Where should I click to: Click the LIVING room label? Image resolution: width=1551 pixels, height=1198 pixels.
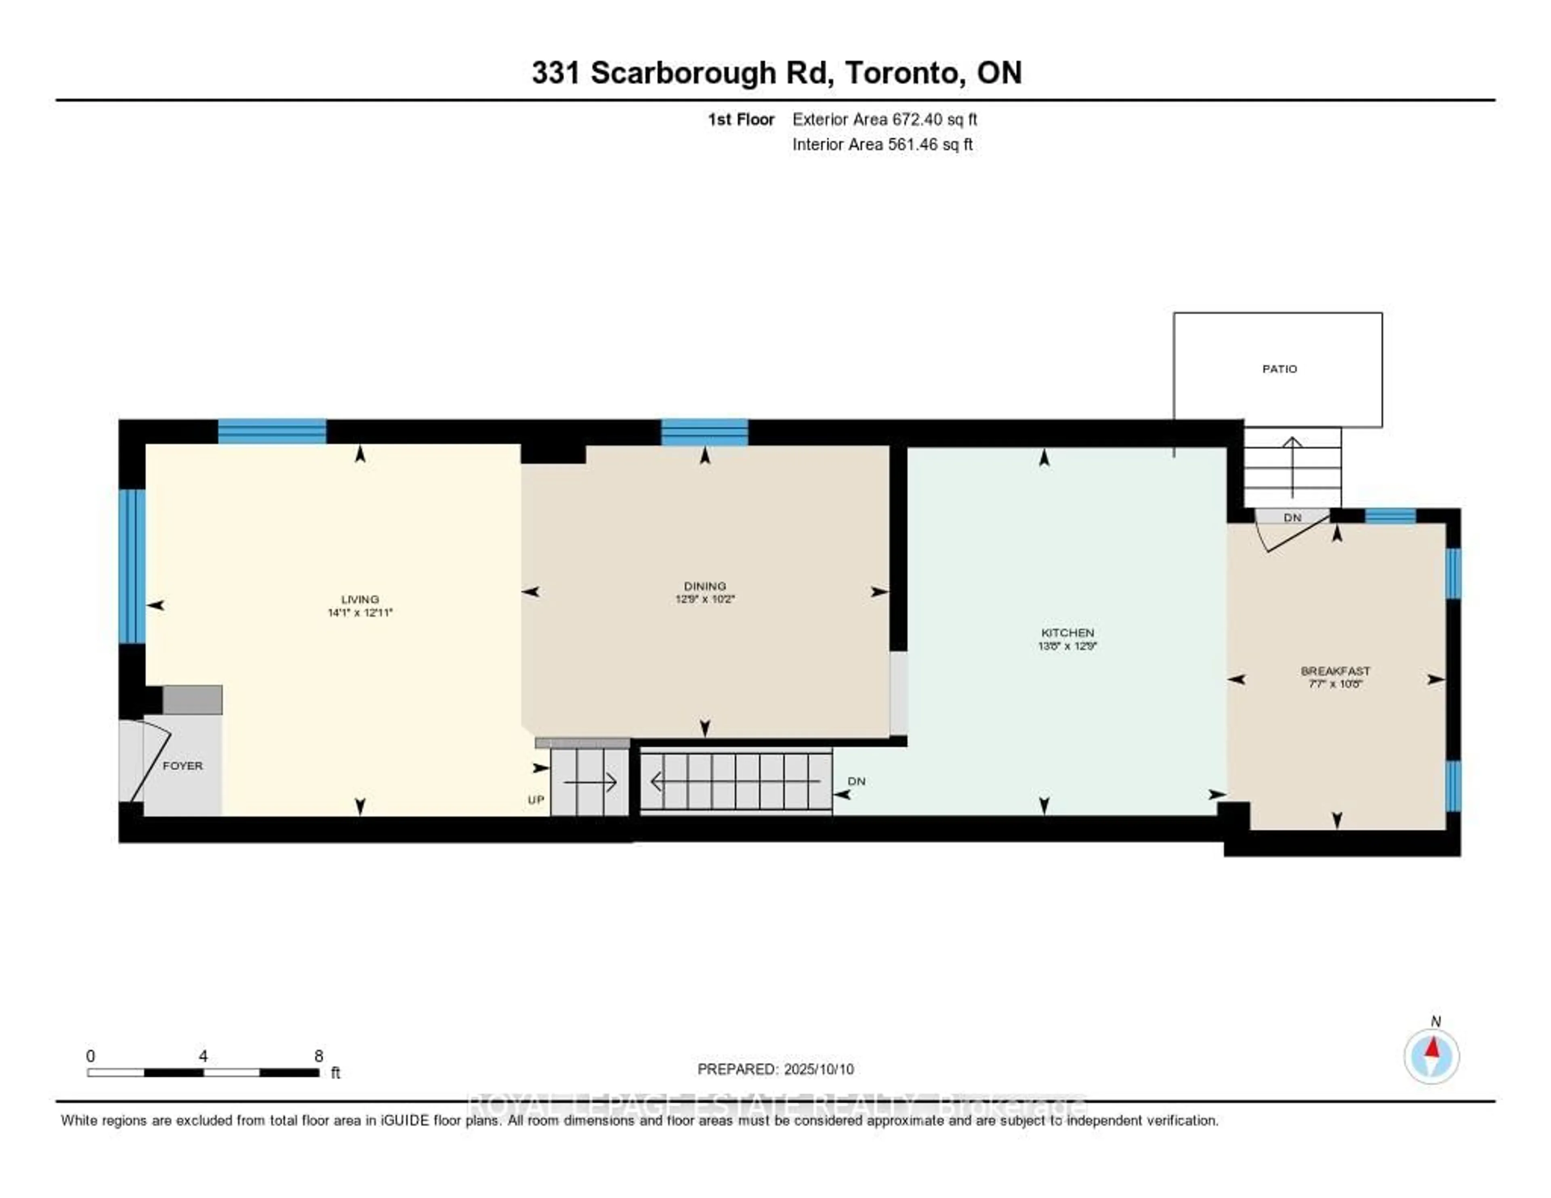359,599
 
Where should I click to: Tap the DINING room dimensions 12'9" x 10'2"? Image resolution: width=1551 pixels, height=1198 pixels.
704,599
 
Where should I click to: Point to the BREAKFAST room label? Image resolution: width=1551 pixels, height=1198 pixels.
1335,670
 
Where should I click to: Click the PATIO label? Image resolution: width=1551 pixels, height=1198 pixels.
1279,368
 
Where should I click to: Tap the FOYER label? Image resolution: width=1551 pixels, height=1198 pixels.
183,765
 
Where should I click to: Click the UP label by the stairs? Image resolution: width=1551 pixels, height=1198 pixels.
536,800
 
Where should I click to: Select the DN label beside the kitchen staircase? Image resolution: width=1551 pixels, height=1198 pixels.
856,780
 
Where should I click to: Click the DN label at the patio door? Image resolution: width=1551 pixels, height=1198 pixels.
1292,517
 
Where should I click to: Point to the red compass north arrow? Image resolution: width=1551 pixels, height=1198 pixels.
1432,1047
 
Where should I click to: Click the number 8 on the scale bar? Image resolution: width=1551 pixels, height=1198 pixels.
319,1056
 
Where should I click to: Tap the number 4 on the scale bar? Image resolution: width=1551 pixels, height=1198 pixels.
203,1056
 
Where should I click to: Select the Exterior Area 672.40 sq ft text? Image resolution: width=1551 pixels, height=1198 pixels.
884,119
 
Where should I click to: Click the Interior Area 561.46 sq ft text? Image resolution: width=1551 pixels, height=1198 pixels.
882,144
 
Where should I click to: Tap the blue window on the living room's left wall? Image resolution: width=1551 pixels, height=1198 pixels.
132,566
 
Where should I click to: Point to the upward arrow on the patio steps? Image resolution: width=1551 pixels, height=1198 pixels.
1292,465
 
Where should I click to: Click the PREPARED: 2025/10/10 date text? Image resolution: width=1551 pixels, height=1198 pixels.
775,1069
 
